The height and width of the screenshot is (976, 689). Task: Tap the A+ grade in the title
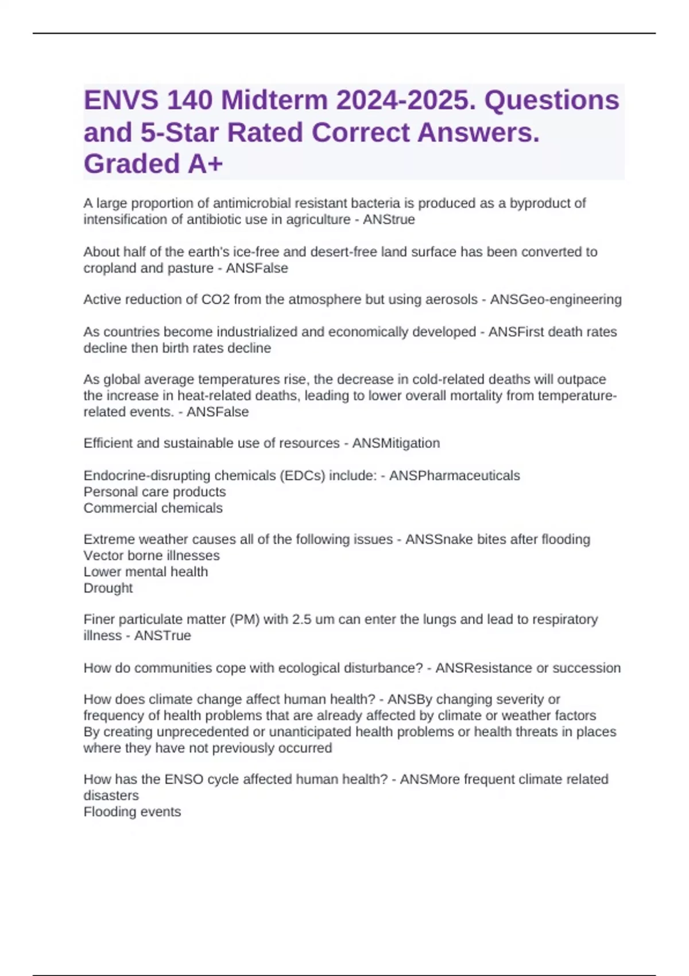[205, 164]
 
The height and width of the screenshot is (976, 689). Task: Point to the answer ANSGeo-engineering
[555, 300]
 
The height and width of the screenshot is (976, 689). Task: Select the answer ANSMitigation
[396, 443]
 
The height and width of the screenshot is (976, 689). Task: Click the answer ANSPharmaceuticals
[454, 476]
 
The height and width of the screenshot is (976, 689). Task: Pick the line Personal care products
[154, 492]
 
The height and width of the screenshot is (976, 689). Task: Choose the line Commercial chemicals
[153, 508]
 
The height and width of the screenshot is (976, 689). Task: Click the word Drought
[108, 588]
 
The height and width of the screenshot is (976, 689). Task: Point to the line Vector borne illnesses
[152, 556]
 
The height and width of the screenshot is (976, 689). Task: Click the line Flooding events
[132, 812]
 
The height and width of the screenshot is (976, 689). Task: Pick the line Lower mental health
[146, 572]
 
